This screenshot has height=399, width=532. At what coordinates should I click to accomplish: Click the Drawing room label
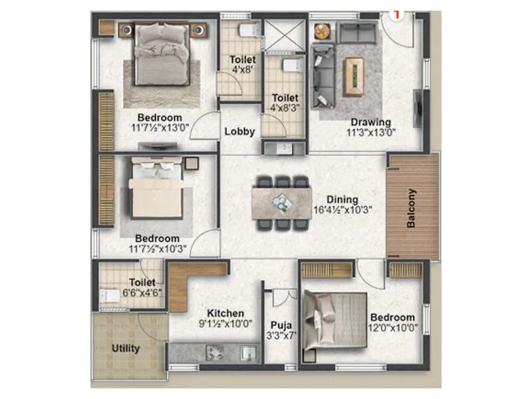coord(371,122)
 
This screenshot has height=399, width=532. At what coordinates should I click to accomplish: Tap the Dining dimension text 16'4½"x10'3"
coord(342,209)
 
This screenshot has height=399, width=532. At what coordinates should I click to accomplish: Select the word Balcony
coord(412,208)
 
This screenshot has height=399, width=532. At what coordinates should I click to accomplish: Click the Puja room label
coord(278,326)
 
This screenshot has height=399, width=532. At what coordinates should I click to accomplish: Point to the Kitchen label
coord(225,313)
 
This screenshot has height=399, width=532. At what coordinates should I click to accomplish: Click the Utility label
coord(125,348)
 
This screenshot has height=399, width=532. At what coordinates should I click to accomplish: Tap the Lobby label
coord(239,132)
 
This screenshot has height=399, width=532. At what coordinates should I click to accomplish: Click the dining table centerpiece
coord(282,202)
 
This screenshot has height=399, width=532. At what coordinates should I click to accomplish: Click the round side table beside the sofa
coord(322,31)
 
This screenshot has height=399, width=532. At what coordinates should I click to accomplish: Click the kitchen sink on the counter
coord(249,352)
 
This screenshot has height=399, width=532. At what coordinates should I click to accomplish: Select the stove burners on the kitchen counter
coord(213,352)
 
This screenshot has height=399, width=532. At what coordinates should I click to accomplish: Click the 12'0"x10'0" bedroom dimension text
coord(392,328)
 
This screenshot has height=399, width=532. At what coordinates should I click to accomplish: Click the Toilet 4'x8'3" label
coord(285,103)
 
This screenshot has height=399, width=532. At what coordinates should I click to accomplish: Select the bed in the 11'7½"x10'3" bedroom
coord(157,190)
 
